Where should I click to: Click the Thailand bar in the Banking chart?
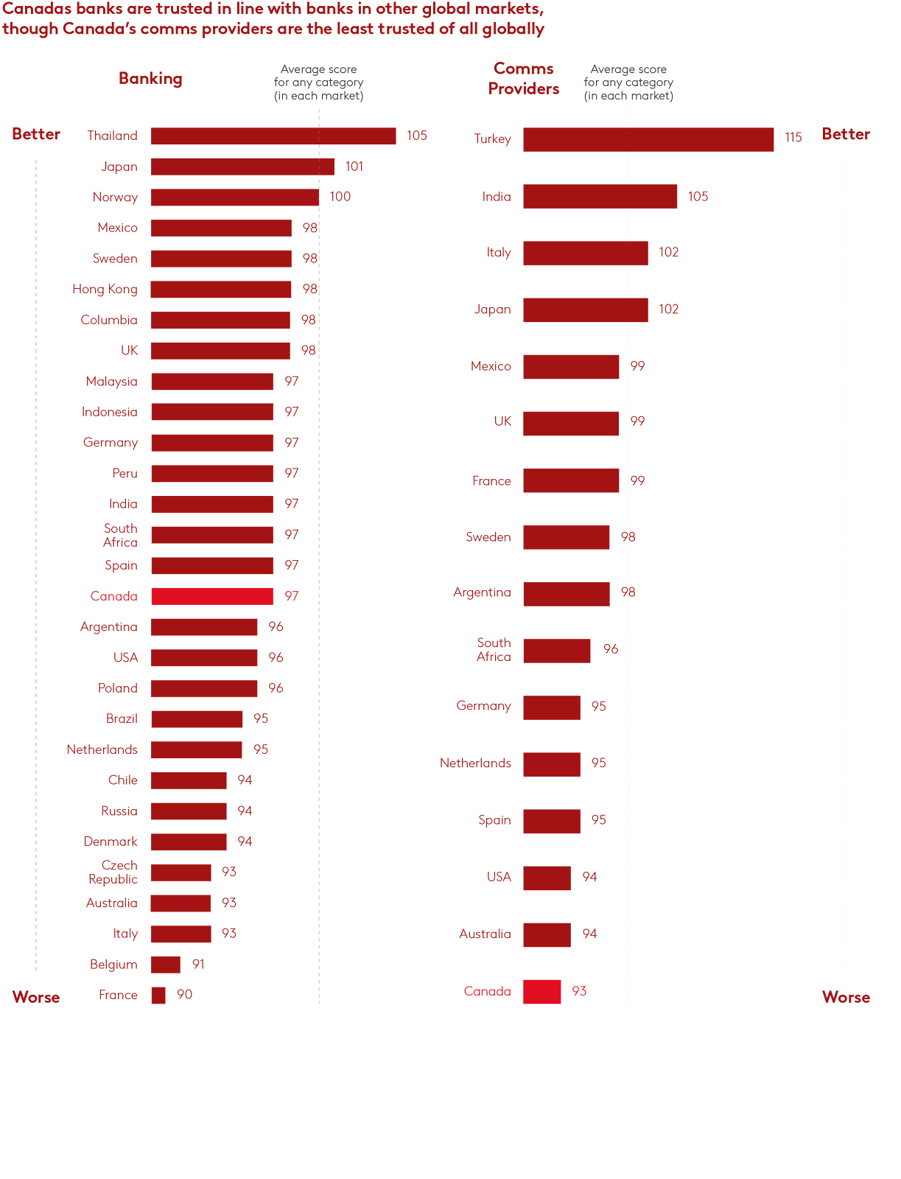pyautogui.click(x=273, y=136)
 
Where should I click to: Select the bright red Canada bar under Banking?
pyautogui.click(x=212, y=596)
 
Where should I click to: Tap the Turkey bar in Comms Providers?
pyautogui.click(x=648, y=139)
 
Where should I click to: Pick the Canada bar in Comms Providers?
pyautogui.click(x=541, y=992)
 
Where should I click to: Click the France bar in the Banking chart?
pyautogui.click(x=158, y=996)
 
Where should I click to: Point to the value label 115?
pyautogui.click(x=793, y=138)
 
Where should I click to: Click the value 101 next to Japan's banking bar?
pyautogui.click(x=354, y=167)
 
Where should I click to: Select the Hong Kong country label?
pyautogui.click(x=105, y=289)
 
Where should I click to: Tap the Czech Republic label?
pyautogui.click(x=113, y=872)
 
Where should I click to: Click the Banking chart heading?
pyautogui.click(x=150, y=79)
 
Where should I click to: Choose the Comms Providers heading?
pyautogui.click(x=524, y=79)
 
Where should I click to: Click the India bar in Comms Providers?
pyautogui.click(x=600, y=197)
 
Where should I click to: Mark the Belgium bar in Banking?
pyautogui.click(x=166, y=965)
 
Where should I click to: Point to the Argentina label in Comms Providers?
pyautogui.click(x=482, y=592)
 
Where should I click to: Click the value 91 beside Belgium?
pyautogui.click(x=198, y=965)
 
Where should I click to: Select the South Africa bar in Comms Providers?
pyautogui.click(x=556, y=651)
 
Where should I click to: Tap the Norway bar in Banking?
pyautogui.click(x=235, y=197)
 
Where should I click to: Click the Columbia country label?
pyautogui.click(x=109, y=320)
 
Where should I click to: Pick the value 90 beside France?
pyautogui.click(x=185, y=995)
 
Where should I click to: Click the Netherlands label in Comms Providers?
pyautogui.click(x=475, y=763)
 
